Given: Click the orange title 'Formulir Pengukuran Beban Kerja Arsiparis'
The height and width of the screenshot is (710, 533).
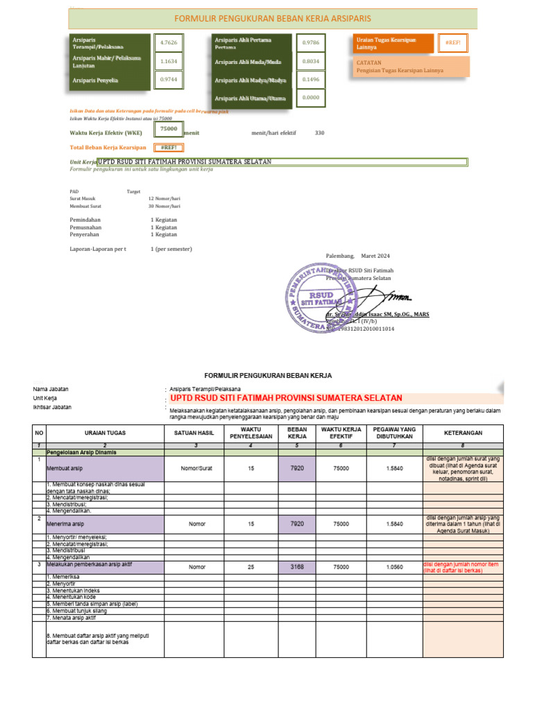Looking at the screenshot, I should tap(271, 19).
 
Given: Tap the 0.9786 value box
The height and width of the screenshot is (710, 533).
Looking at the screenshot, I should tap(310, 43).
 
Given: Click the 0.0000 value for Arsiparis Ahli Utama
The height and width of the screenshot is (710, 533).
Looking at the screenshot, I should tap(310, 98).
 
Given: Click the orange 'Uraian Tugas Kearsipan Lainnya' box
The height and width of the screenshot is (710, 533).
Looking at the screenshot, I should tap(393, 43).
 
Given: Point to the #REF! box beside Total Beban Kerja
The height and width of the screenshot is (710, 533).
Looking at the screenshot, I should tap(168, 148).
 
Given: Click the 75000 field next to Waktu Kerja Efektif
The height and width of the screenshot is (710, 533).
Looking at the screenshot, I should tap(168, 129).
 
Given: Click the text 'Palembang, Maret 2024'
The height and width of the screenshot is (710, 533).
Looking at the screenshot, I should tap(357, 256).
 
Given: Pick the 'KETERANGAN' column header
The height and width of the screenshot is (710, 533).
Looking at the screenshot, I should tap(462, 433).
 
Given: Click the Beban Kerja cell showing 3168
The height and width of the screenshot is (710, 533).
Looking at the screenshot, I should tap(297, 566).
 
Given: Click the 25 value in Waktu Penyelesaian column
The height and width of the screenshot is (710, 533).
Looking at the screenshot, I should tap(251, 566).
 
